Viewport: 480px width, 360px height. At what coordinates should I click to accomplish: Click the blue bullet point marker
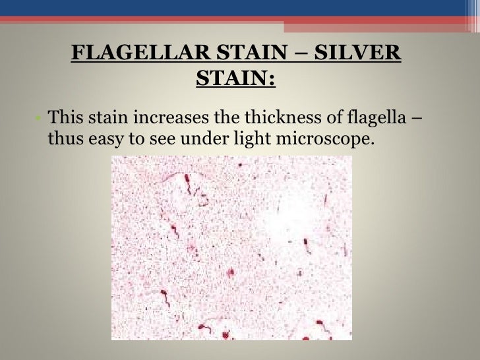click(x=39, y=120)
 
